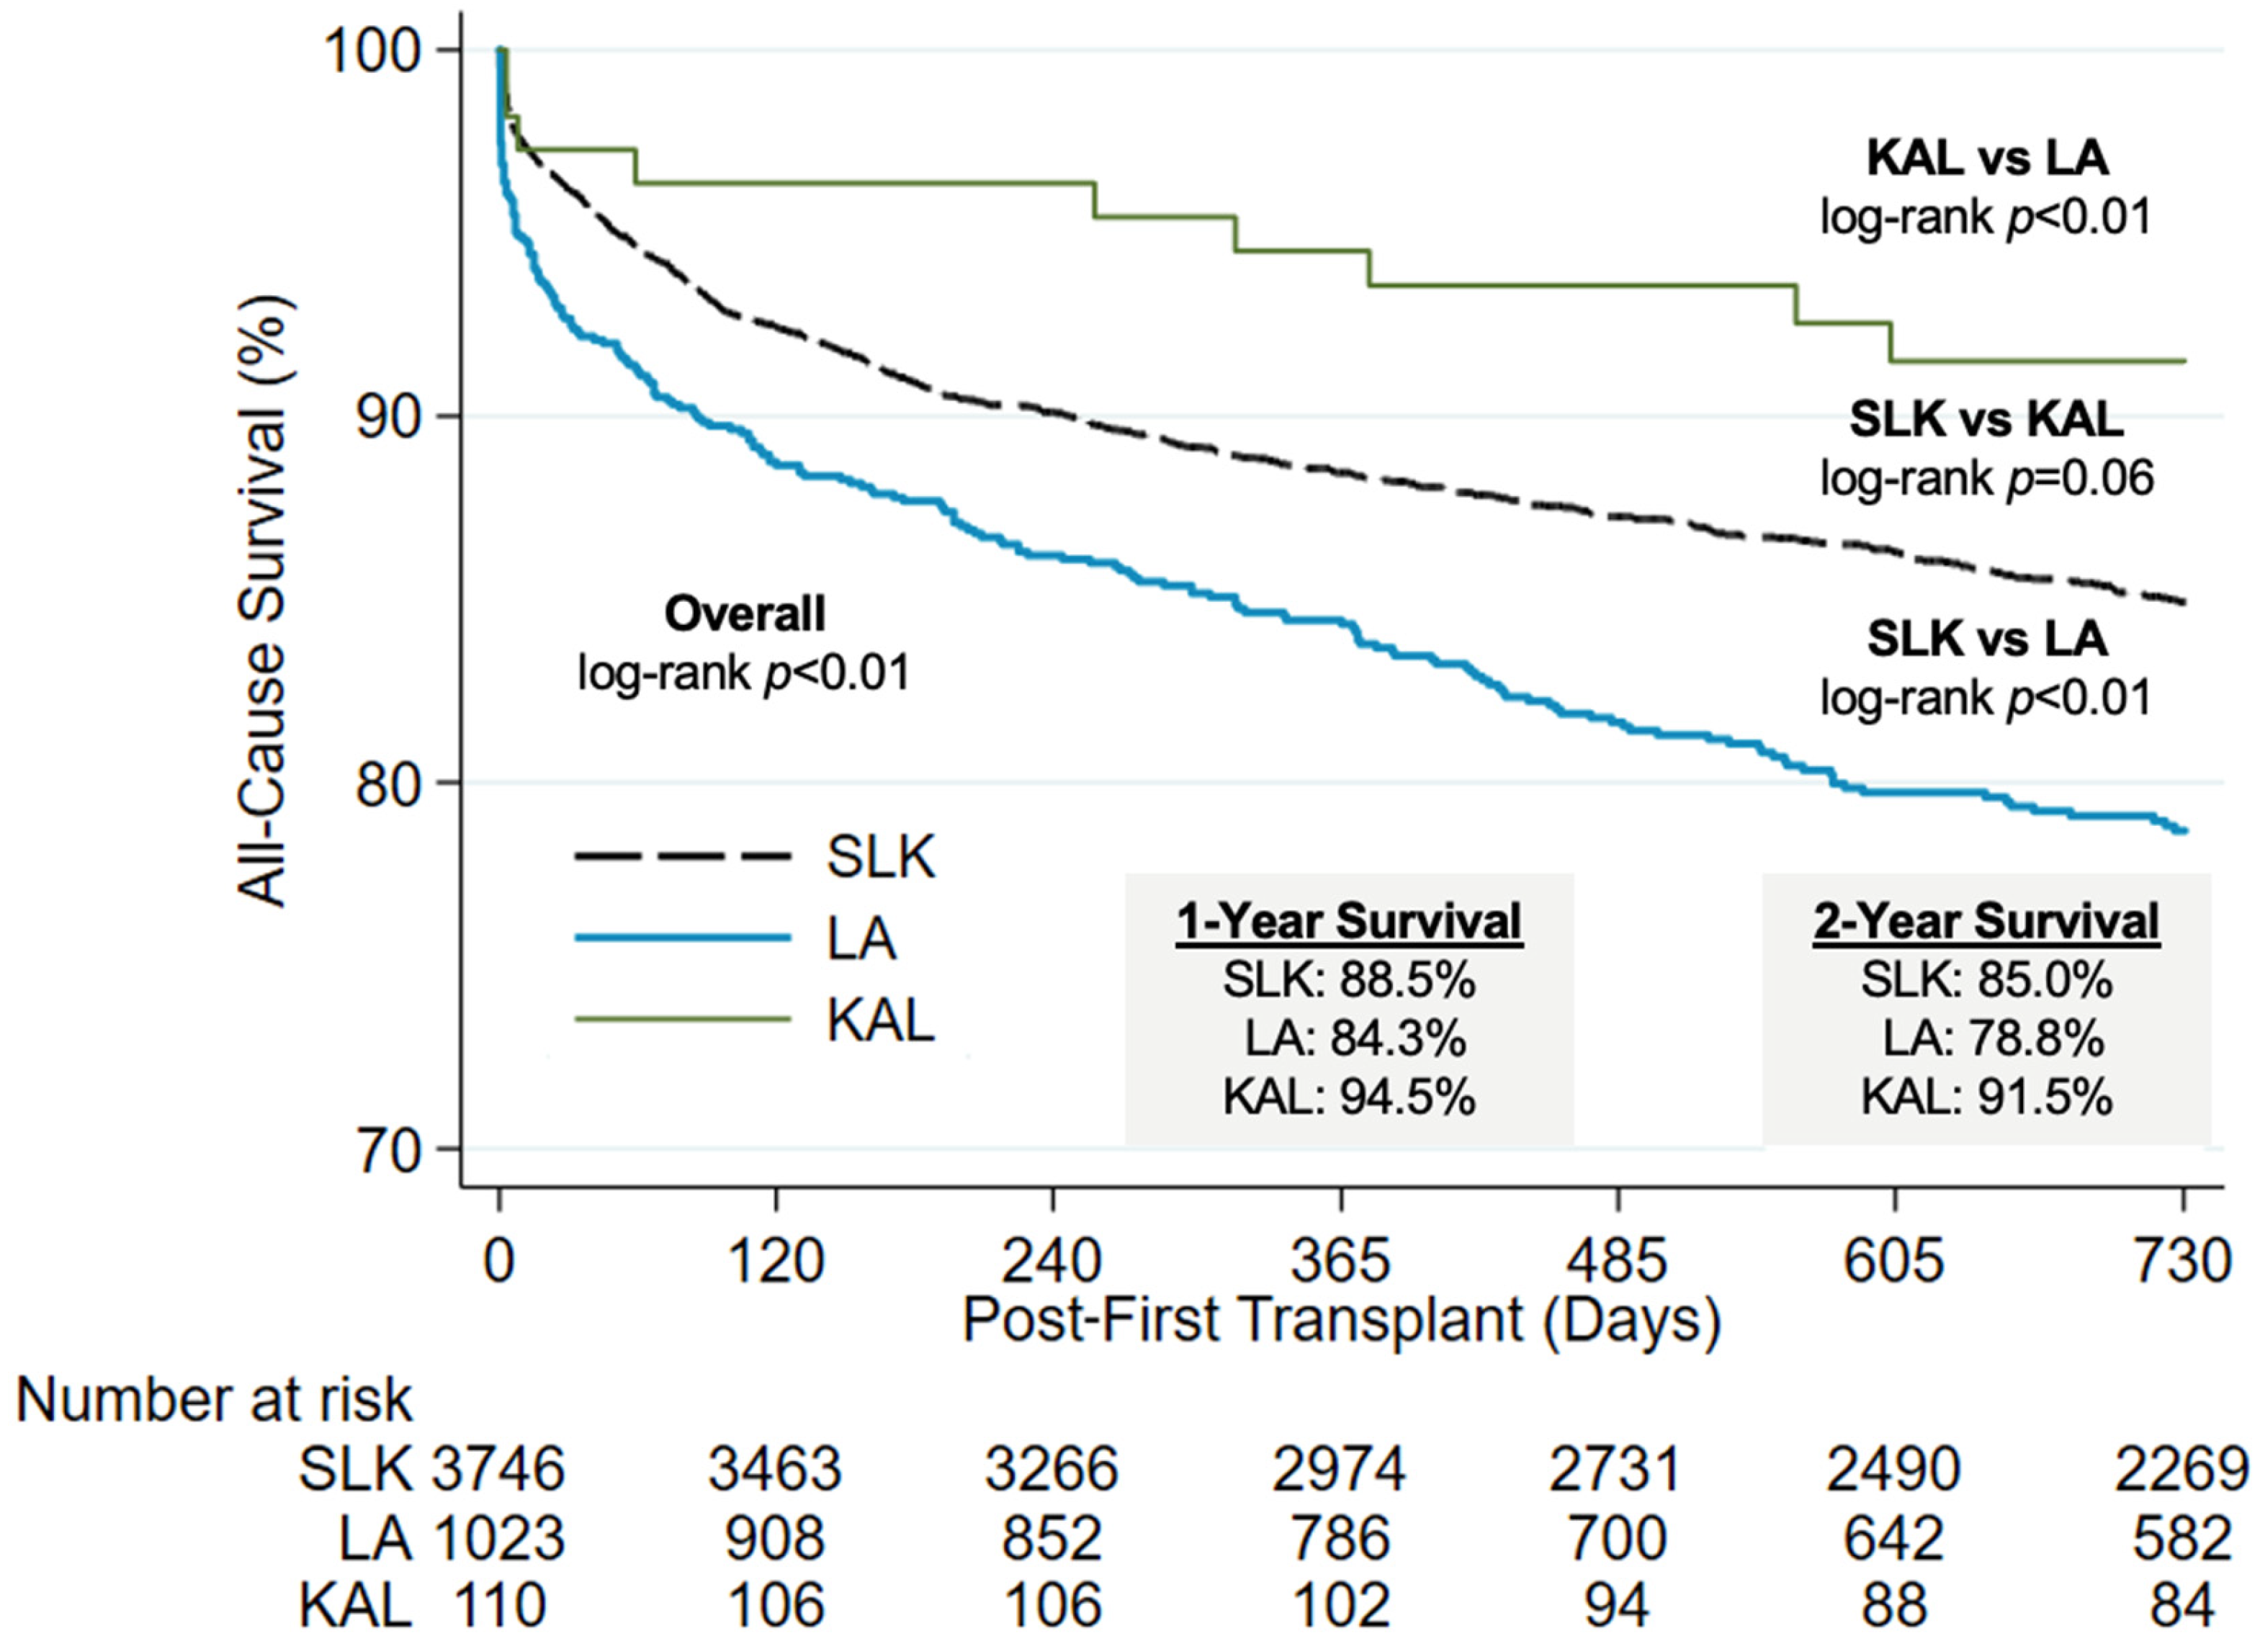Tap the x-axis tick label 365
click(x=1340, y=1261)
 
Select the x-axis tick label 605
click(x=1893, y=1261)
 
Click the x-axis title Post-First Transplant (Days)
click(x=1342, y=1321)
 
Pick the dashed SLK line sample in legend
click(x=682, y=856)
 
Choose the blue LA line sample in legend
click(x=682, y=938)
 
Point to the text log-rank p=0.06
click(x=1986, y=478)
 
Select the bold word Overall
click(x=745, y=614)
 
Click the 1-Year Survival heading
click(x=1350, y=921)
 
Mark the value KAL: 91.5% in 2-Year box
click(x=1986, y=1098)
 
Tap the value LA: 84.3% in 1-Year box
click(x=1355, y=1040)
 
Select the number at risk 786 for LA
click(x=1340, y=1538)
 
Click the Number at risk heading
click(x=214, y=1401)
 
